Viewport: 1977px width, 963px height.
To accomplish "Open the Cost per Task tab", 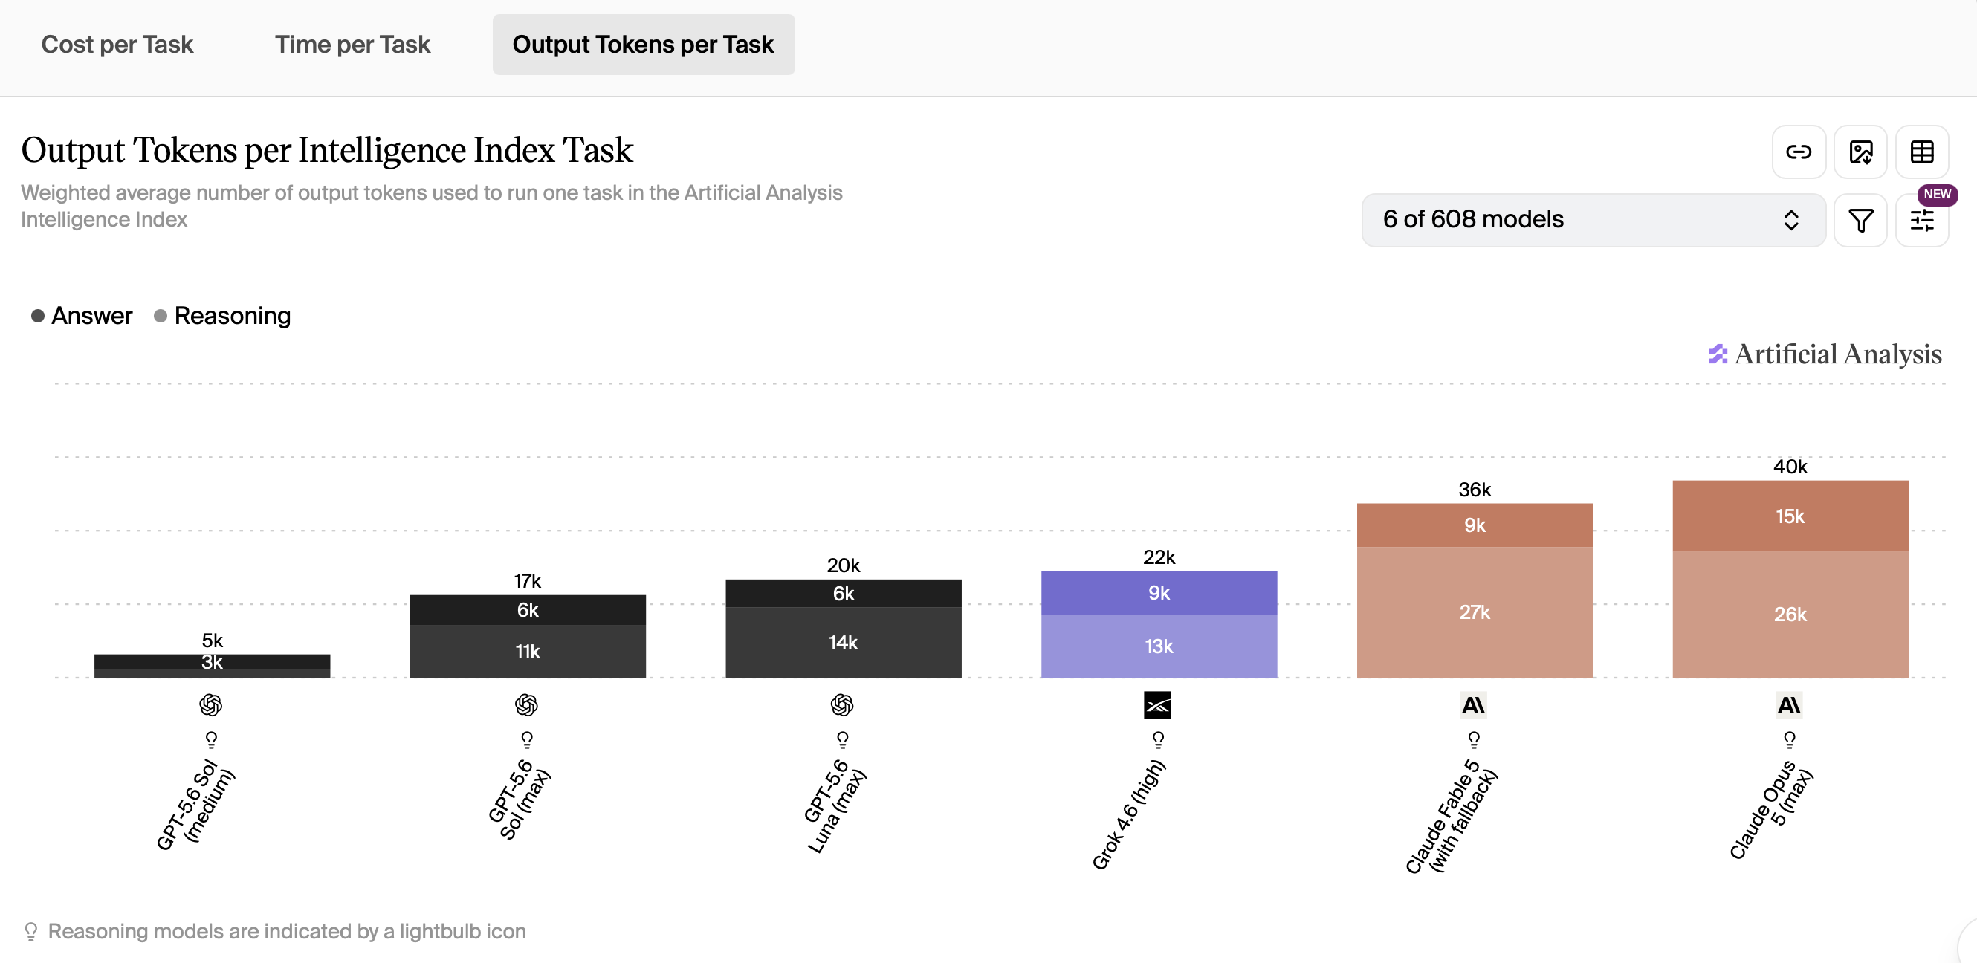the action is pyautogui.click(x=117, y=45).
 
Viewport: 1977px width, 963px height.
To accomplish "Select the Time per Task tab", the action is pyautogui.click(x=353, y=45).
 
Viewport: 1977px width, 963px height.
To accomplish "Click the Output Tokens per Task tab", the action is pyautogui.click(x=643, y=45).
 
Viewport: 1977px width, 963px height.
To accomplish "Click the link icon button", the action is pyautogui.click(x=1798, y=152).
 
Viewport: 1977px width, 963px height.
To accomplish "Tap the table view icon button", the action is pyautogui.click(x=1922, y=152).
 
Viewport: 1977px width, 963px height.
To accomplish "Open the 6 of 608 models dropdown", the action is pyautogui.click(x=1593, y=220).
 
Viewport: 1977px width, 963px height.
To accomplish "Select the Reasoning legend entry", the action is pyautogui.click(x=222, y=315).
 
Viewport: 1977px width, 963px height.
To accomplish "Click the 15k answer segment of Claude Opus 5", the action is pyautogui.click(x=1790, y=516).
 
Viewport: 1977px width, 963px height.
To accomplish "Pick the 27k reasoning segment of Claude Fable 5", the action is pyautogui.click(x=1475, y=612).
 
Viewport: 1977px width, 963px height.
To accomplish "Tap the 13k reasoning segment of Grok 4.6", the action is pyautogui.click(x=1159, y=646).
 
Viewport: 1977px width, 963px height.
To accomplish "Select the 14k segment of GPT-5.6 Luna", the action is pyautogui.click(x=843, y=642).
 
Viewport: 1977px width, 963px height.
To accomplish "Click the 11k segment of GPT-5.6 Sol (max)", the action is pyautogui.click(x=527, y=651).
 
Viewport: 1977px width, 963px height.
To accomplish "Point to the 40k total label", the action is pyautogui.click(x=1790, y=467).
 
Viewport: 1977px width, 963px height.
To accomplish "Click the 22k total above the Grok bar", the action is pyautogui.click(x=1159, y=557).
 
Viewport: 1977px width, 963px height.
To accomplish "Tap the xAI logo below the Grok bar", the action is pyautogui.click(x=1157, y=704).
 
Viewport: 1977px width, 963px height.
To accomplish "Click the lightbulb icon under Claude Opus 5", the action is pyautogui.click(x=1789, y=739).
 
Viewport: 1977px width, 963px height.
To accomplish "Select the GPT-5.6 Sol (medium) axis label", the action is pyautogui.click(x=195, y=803).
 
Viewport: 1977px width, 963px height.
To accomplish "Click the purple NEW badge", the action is pyautogui.click(x=1936, y=194).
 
